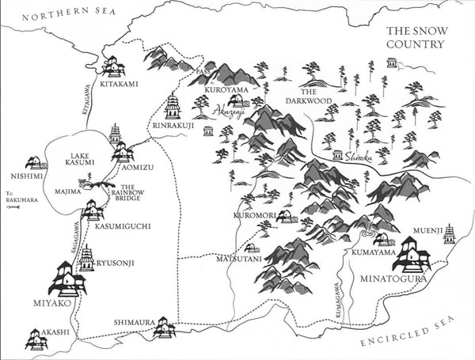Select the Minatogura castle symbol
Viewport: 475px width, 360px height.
point(416,252)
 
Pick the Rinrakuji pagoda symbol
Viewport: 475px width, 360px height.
point(171,106)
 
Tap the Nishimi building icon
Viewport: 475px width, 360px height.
point(34,163)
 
